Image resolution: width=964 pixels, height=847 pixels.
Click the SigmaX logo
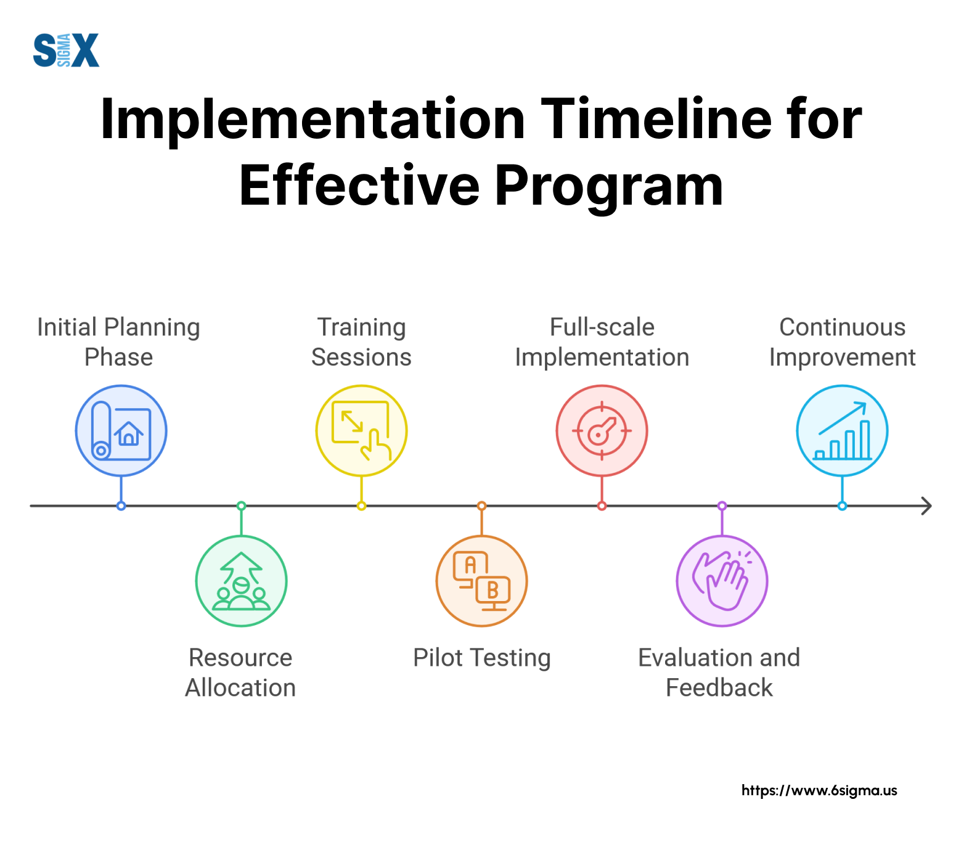[x=66, y=50]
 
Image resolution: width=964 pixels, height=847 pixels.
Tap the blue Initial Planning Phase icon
[x=121, y=430]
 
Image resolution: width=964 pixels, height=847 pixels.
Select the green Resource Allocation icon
[x=241, y=581]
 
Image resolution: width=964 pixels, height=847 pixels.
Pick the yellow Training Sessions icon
[x=361, y=430]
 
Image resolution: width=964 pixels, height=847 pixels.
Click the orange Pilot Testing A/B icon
[x=481, y=581]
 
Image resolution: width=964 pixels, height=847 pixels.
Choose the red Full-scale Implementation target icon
[x=602, y=430]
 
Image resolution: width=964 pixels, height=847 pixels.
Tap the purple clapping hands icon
[x=722, y=581]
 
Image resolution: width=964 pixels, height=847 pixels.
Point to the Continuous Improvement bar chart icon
[x=842, y=430]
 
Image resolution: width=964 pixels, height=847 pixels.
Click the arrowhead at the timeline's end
[x=927, y=506]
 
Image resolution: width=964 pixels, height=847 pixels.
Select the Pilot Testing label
[x=481, y=658]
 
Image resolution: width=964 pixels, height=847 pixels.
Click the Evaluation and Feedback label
[x=719, y=673]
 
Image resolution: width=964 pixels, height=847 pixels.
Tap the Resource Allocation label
[x=240, y=673]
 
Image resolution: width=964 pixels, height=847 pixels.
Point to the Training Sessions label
[x=361, y=342]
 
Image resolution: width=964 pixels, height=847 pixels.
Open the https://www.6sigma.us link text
[x=819, y=790]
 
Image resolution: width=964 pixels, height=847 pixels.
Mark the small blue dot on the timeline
[x=121, y=506]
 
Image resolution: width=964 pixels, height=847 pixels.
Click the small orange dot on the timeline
[x=481, y=506]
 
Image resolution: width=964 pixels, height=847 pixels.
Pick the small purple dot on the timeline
[x=722, y=506]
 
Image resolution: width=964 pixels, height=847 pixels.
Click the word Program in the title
[x=609, y=187]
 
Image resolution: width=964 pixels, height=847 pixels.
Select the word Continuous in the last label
[x=842, y=327]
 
